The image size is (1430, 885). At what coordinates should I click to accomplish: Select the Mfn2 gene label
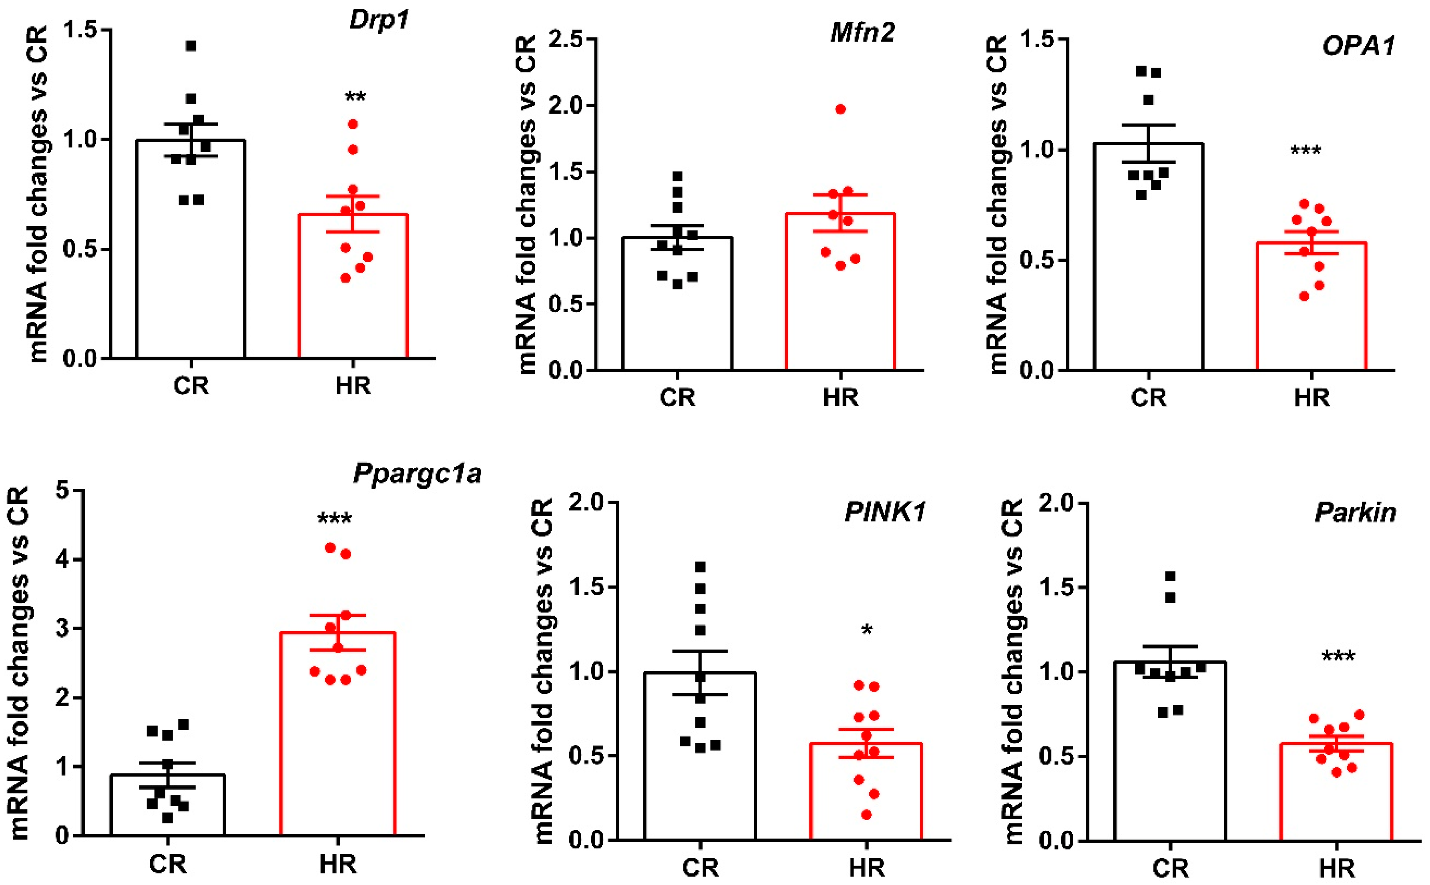[x=862, y=32]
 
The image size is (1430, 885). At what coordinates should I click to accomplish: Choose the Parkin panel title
[x=1356, y=513]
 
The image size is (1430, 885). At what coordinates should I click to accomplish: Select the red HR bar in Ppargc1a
[x=338, y=733]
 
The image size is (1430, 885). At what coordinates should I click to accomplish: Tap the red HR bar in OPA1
[x=1311, y=306]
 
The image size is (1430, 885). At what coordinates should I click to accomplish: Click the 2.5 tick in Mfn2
[x=567, y=40]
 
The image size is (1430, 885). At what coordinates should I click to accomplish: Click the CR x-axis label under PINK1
[x=700, y=867]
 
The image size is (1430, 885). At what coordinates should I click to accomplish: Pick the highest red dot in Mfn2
[x=841, y=109]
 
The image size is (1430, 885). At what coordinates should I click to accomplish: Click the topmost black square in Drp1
[x=191, y=46]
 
